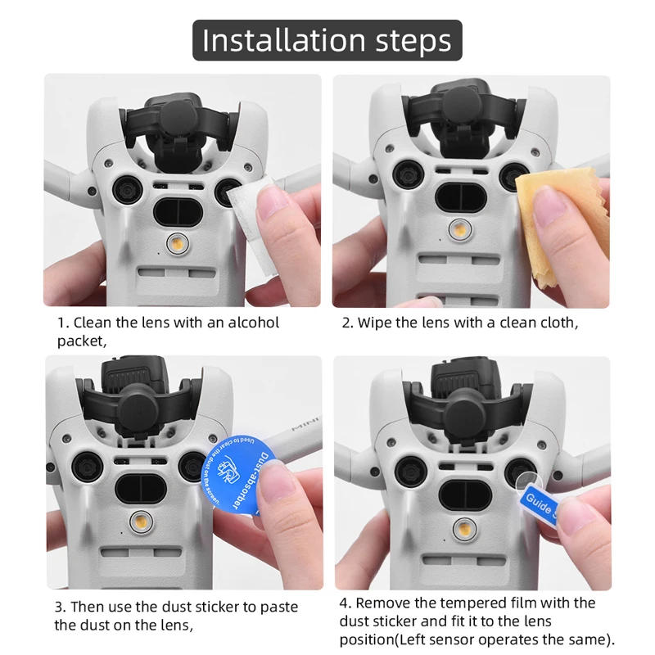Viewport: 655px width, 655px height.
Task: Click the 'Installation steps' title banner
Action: click(x=327, y=39)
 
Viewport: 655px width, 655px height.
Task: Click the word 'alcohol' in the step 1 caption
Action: click(x=246, y=322)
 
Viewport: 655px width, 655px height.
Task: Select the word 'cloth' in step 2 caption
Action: click(x=554, y=322)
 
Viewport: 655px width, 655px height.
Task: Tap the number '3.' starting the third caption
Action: click(x=61, y=607)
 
